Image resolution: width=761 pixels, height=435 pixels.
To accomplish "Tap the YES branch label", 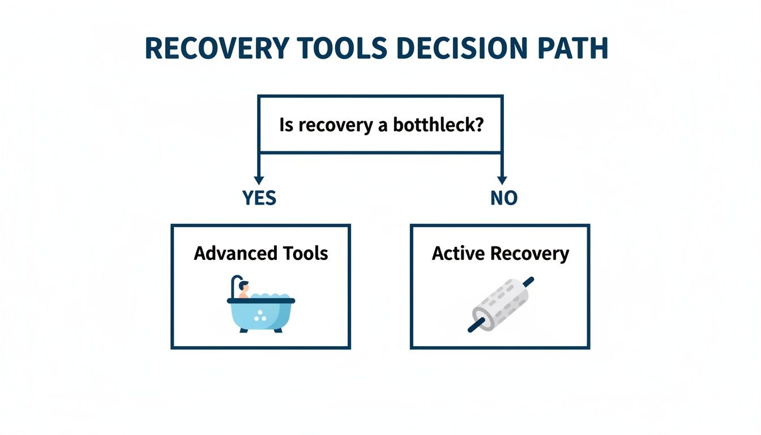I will point(259,198).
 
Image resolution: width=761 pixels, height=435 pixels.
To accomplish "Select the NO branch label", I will point(503,198).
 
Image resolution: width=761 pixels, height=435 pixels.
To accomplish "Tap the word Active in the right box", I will point(452,253).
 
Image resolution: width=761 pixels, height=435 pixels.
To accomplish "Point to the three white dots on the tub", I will point(260,316).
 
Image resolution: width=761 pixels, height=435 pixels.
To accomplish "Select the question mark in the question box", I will point(479,125).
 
